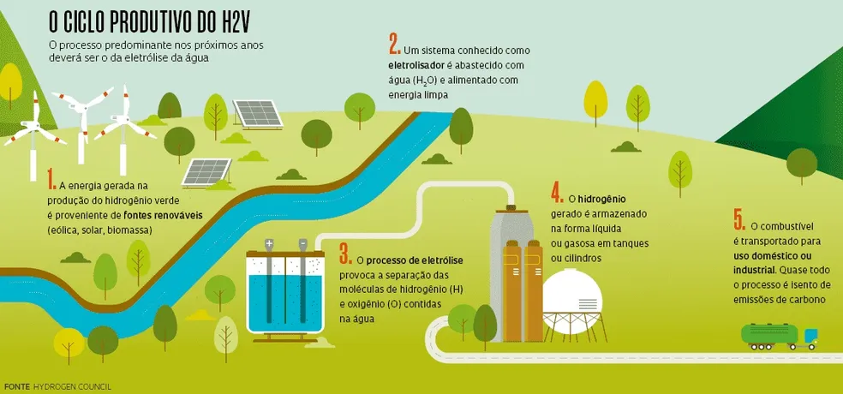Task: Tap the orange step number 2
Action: [x=394, y=44]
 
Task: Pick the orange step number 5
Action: [x=738, y=220]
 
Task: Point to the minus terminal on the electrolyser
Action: [x=302, y=244]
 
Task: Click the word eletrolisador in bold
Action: [x=421, y=65]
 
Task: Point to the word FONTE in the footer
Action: [x=17, y=386]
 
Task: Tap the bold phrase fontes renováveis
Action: [x=163, y=216]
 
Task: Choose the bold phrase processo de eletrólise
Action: [x=415, y=260]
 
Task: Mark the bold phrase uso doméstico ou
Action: [x=772, y=255]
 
